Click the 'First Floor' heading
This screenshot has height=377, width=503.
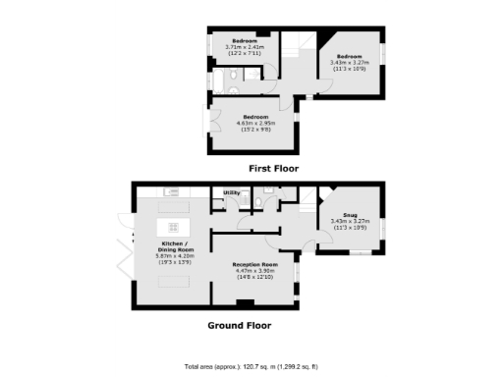[273, 169]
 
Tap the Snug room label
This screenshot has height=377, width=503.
[351, 214]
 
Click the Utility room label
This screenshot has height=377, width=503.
[233, 192]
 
